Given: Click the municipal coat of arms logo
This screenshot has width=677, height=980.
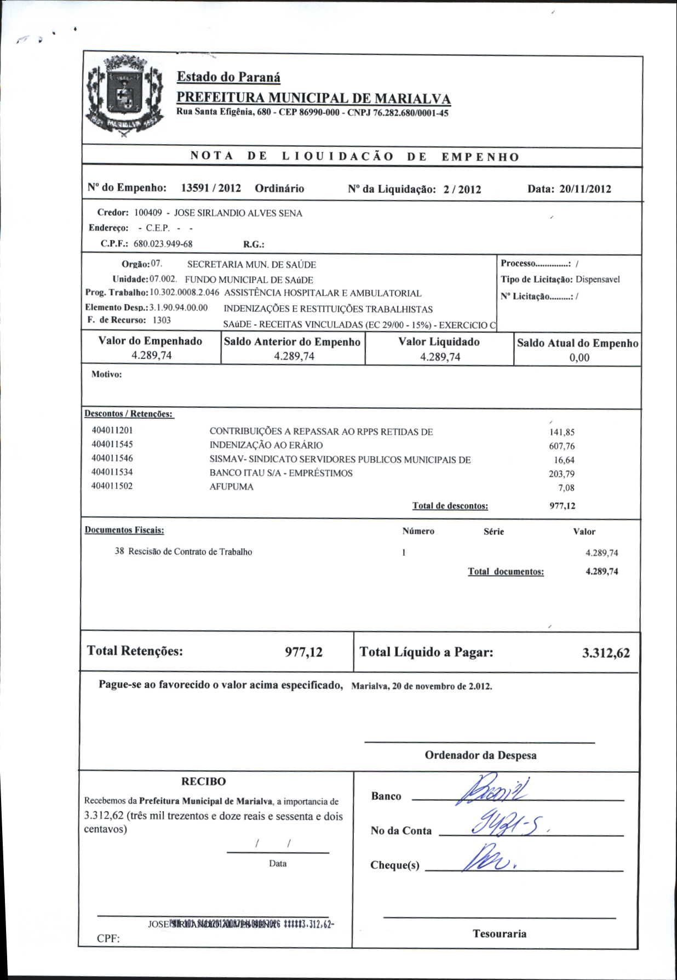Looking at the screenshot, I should [125, 96].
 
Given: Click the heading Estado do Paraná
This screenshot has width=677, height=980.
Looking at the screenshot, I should [228, 77].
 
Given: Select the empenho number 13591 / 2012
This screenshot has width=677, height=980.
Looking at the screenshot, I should [211, 188].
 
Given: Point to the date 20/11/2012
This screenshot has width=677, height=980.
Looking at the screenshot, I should [585, 189].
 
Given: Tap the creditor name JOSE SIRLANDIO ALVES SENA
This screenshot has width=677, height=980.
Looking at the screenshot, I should [238, 213].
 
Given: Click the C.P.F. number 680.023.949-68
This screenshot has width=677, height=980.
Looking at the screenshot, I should [163, 244].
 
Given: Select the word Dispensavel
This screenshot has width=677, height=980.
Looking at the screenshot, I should [598, 280].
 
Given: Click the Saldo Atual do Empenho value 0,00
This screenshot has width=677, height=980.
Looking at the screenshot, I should [579, 358].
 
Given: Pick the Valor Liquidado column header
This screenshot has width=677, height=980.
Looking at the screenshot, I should [439, 342].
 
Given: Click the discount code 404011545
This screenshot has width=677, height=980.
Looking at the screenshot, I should [112, 445].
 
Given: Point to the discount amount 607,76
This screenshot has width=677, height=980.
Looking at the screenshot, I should [562, 446].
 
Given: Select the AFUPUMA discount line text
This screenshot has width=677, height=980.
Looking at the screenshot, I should [232, 487].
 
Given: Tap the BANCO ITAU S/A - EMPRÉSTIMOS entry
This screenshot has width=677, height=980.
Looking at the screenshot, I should [281, 473].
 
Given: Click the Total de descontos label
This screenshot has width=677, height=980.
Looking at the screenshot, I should [450, 506].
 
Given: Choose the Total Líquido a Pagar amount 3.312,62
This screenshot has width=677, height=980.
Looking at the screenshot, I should [606, 653].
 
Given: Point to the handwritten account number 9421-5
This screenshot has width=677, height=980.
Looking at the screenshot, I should [507, 823].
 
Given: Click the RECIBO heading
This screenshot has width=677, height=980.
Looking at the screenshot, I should [204, 782].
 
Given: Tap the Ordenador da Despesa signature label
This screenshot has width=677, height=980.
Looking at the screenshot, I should [480, 755].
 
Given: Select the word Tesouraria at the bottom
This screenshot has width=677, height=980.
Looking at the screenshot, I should [500, 934].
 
